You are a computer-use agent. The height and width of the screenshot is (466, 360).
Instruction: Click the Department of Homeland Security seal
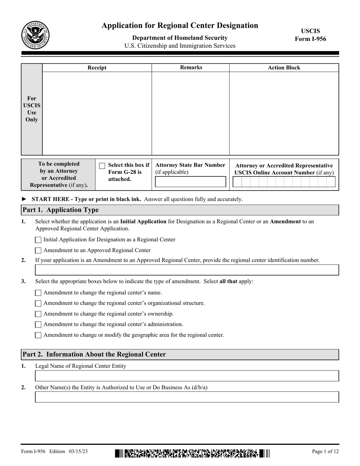pos(35,35)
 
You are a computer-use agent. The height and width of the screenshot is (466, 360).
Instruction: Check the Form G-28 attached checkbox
pos(102,166)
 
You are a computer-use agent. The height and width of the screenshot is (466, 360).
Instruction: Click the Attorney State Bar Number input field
pos(191,182)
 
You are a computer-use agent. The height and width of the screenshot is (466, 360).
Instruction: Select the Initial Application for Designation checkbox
pos(38,240)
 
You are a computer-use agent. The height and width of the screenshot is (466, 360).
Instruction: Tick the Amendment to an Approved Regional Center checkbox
pos(38,250)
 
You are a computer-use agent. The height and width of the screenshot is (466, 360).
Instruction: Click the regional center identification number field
pos(187,270)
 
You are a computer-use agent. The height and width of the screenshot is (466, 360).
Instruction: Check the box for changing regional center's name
pos(38,293)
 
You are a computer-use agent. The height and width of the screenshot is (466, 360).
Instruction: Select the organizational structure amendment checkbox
pos(38,303)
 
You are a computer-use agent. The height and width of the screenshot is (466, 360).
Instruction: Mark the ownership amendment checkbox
pos(38,314)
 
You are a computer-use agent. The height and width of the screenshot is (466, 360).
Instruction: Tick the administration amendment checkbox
pos(38,325)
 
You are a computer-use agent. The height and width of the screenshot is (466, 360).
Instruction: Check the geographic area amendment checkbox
pos(38,335)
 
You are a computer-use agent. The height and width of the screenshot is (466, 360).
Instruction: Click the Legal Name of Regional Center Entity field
pos(187,376)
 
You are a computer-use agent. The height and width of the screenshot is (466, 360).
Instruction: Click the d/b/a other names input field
pos(187,397)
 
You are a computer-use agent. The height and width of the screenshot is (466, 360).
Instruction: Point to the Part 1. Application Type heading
pos(61,210)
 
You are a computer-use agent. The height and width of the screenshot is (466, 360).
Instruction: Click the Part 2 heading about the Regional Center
pos(94,355)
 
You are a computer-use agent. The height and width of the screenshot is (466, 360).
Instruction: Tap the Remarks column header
pos(191,67)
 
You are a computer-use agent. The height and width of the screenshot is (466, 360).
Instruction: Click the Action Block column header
pos(284,68)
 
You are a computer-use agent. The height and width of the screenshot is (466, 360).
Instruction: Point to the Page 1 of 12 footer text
pos(325,451)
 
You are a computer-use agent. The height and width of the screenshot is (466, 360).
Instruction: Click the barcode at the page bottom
pos(192,453)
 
